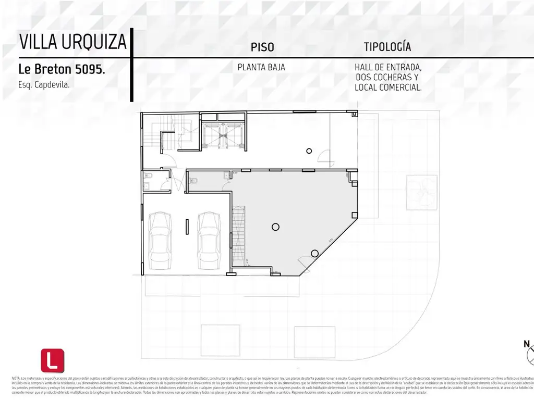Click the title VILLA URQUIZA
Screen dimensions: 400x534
point(72,41)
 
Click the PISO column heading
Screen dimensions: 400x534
point(262,47)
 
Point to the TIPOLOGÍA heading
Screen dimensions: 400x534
point(387,47)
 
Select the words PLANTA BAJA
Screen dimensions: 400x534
point(261,67)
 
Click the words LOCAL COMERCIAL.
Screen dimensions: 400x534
point(388,87)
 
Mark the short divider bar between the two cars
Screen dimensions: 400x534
point(186,227)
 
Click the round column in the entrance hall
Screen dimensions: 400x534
point(309,151)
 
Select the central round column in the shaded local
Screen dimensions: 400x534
point(275,226)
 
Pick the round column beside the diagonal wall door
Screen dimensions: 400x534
point(314,253)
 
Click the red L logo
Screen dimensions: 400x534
point(52,360)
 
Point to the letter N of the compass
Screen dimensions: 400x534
point(527,343)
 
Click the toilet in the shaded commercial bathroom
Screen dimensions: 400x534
point(195,181)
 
